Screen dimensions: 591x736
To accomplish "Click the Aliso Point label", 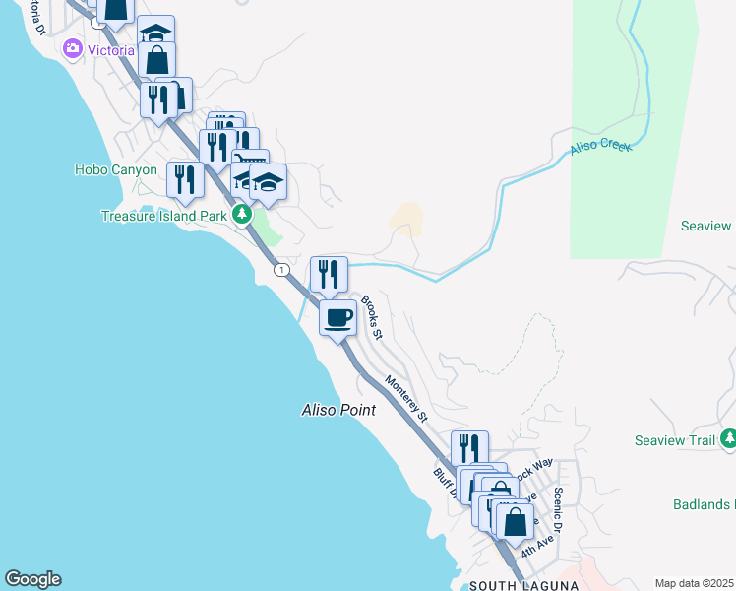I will [x=337, y=410].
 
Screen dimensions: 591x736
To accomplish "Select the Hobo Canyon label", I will [x=115, y=169].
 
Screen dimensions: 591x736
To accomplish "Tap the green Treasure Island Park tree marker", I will [x=241, y=215].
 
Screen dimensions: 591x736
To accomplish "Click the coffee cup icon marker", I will [x=337, y=318].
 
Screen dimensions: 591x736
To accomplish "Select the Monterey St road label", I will [x=406, y=398].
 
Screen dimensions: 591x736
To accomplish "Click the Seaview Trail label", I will [x=674, y=440].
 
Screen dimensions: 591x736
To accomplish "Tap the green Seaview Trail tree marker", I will [x=729, y=438].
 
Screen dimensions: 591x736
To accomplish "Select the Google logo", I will [x=32, y=579].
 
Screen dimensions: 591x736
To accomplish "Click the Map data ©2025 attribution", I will [x=694, y=583].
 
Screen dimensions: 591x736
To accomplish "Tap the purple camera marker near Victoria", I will [x=72, y=49].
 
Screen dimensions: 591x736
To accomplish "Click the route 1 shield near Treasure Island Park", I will [x=282, y=269].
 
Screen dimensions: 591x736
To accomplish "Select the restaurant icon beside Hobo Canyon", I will [x=185, y=179].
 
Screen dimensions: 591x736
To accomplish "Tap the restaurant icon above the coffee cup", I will [x=329, y=274].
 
